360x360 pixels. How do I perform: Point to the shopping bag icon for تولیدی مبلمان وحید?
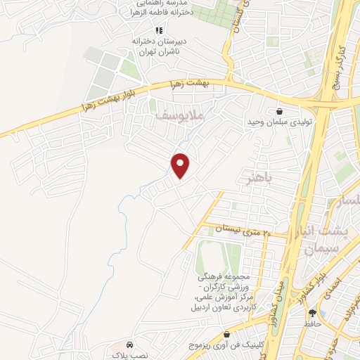(x=281, y=111)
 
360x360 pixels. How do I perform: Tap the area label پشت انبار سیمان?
(x=324, y=239)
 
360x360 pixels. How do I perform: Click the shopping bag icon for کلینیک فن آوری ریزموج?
(x=226, y=335)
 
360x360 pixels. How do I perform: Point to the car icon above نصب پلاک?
(x=129, y=345)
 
